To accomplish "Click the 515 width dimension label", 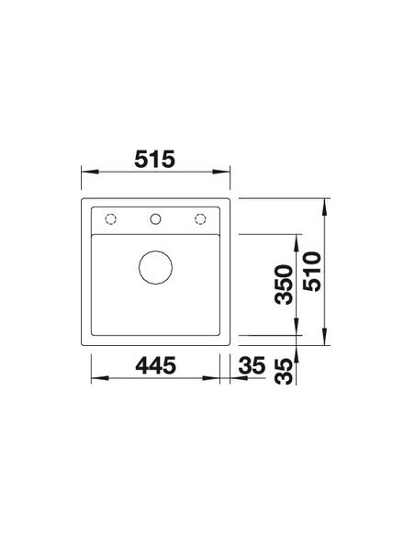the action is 154,159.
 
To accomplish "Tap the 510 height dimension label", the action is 313,272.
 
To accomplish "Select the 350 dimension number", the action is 284,285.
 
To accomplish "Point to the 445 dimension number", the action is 155,365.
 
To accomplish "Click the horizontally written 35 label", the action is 252,365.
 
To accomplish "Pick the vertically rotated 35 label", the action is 284,372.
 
